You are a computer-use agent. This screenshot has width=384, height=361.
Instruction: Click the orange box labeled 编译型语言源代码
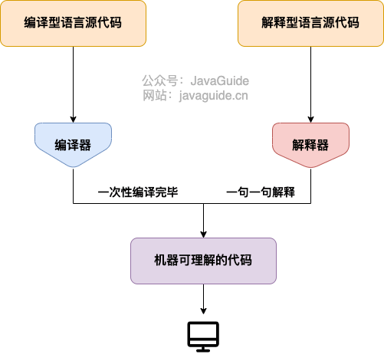click(73, 22)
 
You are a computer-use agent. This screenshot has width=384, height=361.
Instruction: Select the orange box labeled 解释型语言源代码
click(310, 22)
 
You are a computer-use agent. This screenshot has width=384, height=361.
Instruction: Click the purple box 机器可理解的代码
click(203, 261)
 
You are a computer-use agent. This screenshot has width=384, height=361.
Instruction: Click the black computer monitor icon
click(203, 335)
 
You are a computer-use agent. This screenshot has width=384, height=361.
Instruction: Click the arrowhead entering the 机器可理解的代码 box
click(203, 233)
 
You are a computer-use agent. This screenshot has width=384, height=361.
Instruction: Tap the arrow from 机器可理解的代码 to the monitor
click(203, 299)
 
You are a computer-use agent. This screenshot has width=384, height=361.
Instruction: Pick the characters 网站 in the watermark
click(153, 96)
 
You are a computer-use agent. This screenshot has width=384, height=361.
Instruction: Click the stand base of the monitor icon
click(203, 350)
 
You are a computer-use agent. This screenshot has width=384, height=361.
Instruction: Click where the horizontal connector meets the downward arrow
click(203, 204)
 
